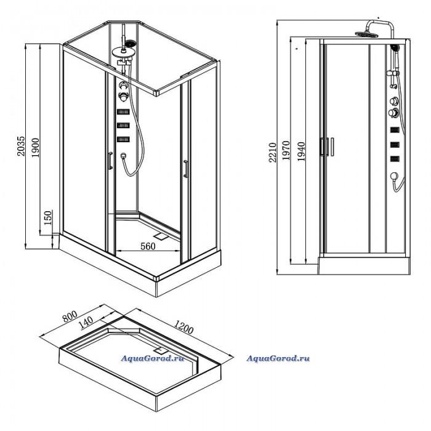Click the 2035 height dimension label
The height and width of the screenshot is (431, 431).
tap(21, 146)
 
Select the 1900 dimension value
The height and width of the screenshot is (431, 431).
tap(35, 147)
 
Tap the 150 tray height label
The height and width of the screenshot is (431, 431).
tap(47, 218)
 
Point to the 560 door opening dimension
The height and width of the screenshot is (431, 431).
tap(148, 246)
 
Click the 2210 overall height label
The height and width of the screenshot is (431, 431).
tap(272, 153)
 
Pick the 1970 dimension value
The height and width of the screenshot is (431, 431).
tap(286, 151)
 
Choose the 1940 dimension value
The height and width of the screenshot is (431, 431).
tap(301, 151)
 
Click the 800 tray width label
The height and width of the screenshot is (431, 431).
tap(70, 316)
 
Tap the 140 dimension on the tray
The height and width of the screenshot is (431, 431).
tap(86, 323)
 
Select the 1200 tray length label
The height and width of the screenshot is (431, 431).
tap(183, 326)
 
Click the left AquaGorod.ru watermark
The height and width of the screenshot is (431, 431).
tap(153, 358)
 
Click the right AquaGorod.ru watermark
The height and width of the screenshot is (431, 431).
tap(278, 358)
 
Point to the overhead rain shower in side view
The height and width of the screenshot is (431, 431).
tap(367, 34)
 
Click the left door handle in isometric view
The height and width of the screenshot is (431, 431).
tap(110, 160)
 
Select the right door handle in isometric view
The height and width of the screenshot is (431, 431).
tap(186, 169)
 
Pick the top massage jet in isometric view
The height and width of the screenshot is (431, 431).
tap(123, 112)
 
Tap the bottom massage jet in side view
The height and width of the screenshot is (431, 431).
tap(395, 159)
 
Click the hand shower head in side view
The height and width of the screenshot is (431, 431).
tap(395, 48)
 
